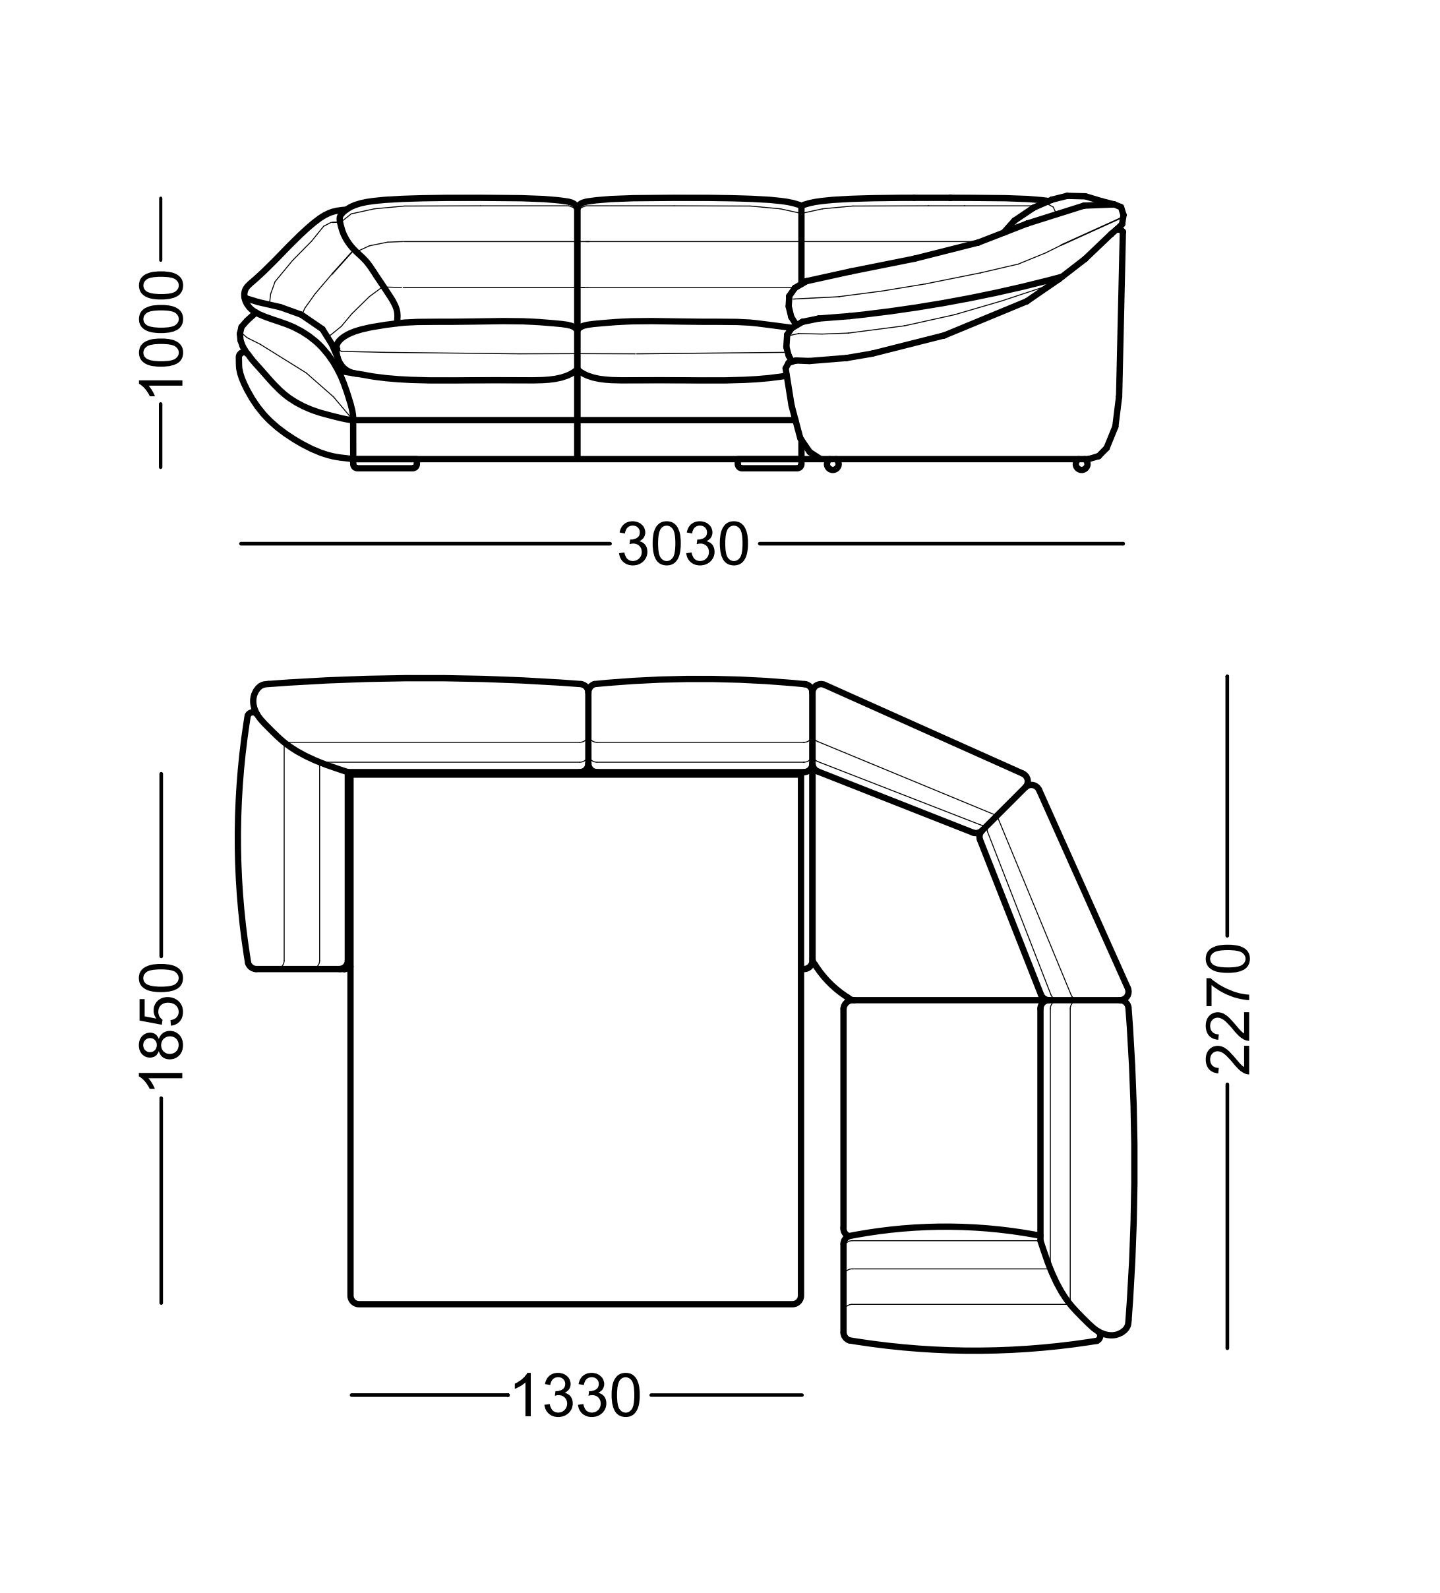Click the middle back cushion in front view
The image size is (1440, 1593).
(x=690, y=260)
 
